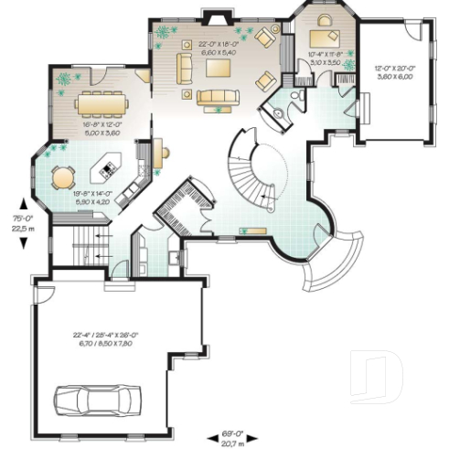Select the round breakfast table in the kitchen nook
pos(62,173)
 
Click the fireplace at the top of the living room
pos(215,16)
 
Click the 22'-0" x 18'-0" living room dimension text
pos(218,48)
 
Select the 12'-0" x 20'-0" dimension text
pos(394,73)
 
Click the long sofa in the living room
pos(216,95)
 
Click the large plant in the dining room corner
pos(64,80)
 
